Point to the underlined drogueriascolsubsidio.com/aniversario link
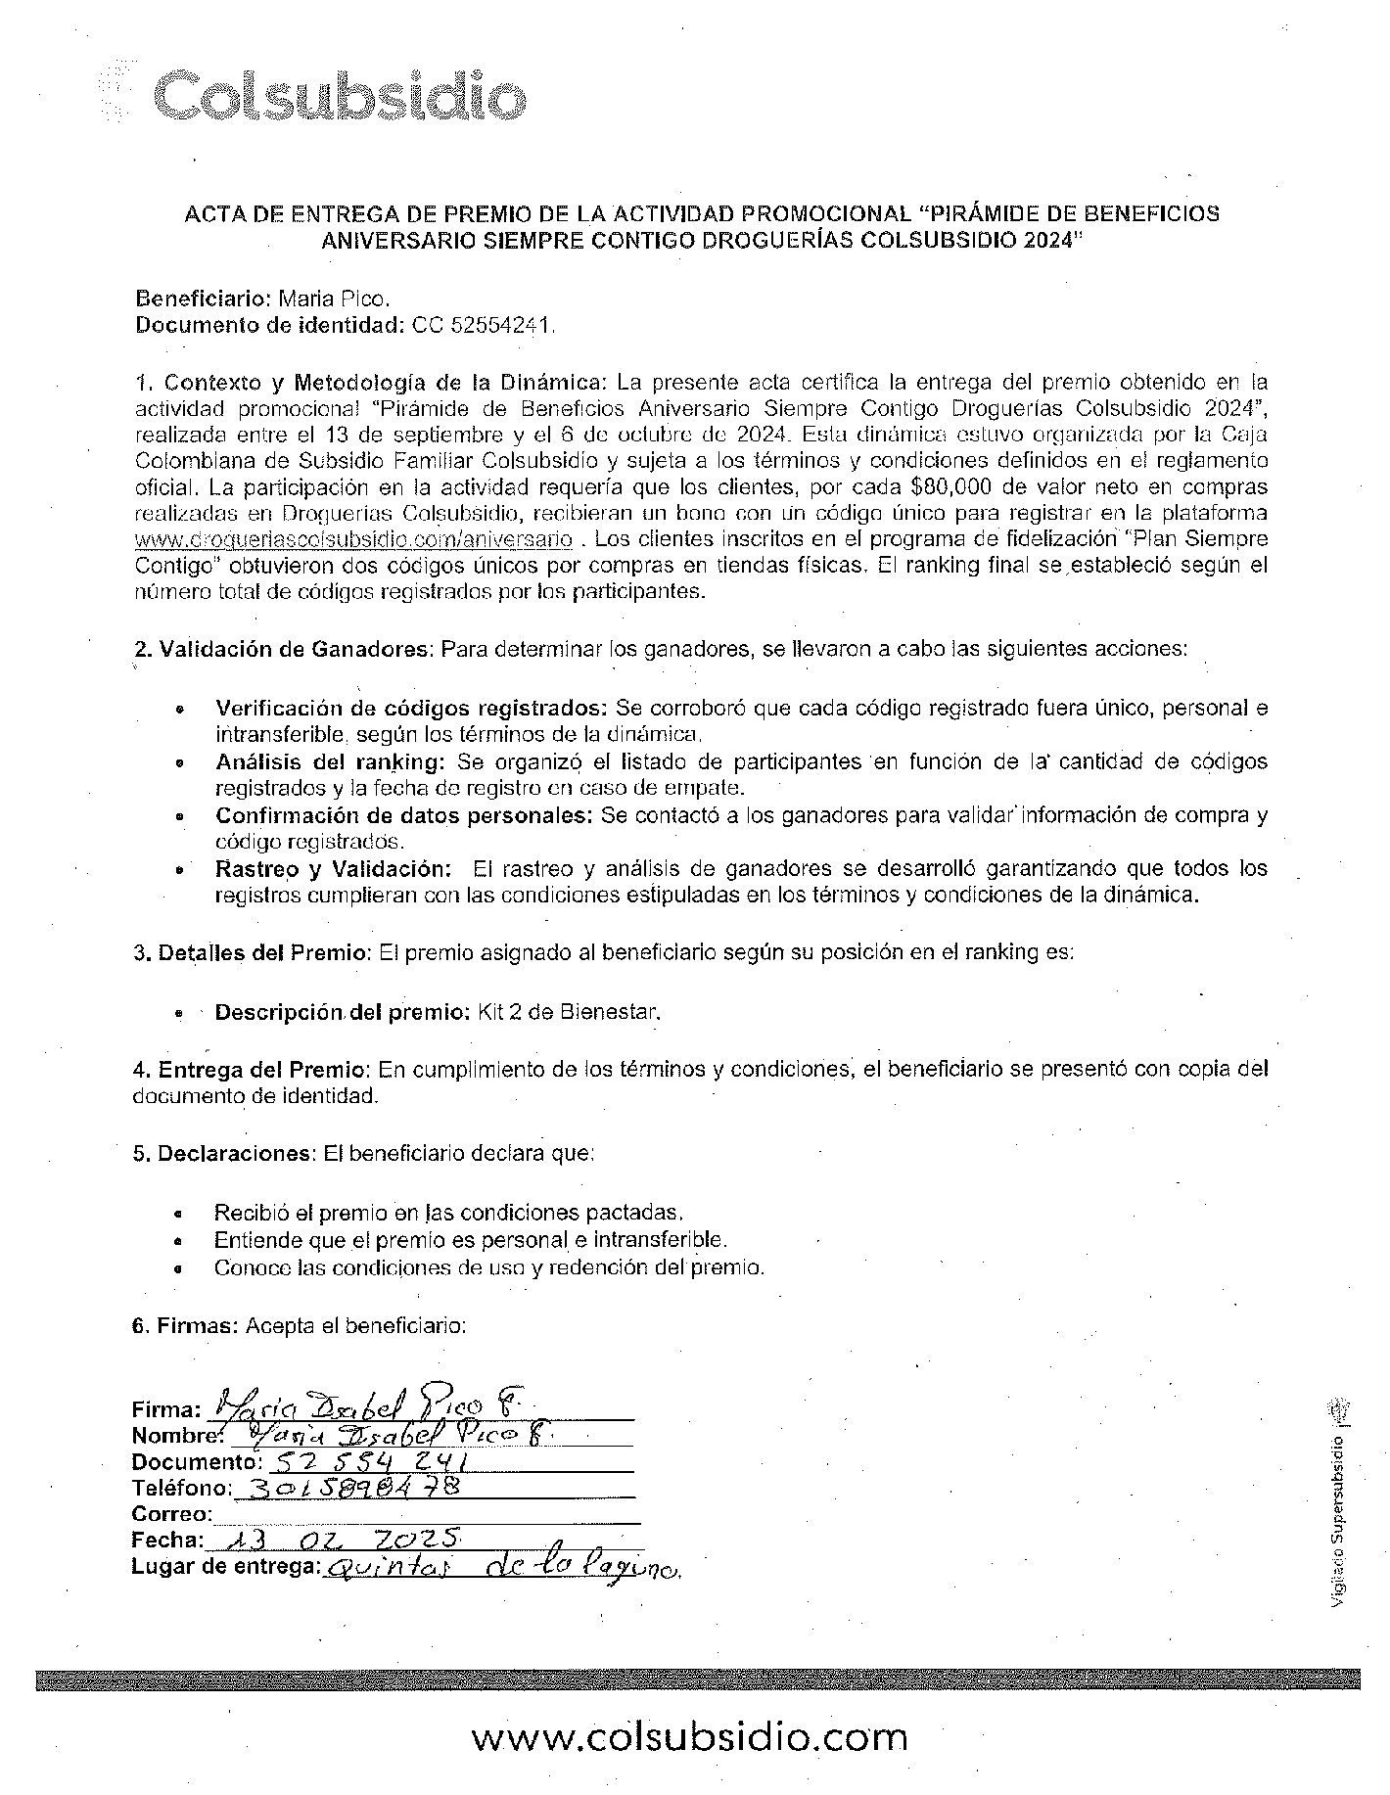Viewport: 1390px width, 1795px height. pyautogui.click(x=353, y=539)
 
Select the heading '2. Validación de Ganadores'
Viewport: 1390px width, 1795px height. pyautogui.click(x=284, y=648)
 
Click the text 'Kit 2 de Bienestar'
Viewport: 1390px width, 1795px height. pyautogui.click(x=569, y=1012)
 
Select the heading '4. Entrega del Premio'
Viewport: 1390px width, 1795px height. pyautogui.click(x=252, y=1069)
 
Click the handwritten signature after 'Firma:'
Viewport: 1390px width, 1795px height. pyautogui.click(x=372, y=1406)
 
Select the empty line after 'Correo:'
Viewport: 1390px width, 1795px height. pyautogui.click(x=426, y=1515)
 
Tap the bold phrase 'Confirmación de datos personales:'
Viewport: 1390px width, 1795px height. pyautogui.click(x=404, y=815)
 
